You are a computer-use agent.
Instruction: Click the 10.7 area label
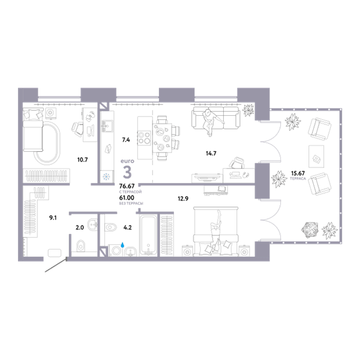(82, 160)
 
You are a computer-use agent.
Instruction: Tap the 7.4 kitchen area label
(126, 140)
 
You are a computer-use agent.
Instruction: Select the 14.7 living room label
(211, 153)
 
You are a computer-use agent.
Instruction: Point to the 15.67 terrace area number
(298, 173)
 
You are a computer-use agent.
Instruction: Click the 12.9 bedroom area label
(183, 199)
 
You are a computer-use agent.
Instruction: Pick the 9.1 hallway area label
(53, 218)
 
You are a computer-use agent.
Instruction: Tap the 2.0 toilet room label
(80, 227)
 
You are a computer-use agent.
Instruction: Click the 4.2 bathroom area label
(127, 227)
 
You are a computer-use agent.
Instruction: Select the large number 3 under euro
(127, 172)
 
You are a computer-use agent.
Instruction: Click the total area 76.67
(127, 186)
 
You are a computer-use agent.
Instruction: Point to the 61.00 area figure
(127, 197)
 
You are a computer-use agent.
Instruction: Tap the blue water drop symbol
(122, 245)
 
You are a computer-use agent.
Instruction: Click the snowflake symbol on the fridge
(107, 177)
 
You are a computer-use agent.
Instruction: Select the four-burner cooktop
(144, 138)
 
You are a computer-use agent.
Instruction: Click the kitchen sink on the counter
(107, 125)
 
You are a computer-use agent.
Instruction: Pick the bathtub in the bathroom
(149, 235)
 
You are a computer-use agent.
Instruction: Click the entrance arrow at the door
(56, 265)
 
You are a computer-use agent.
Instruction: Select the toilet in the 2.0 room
(81, 246)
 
